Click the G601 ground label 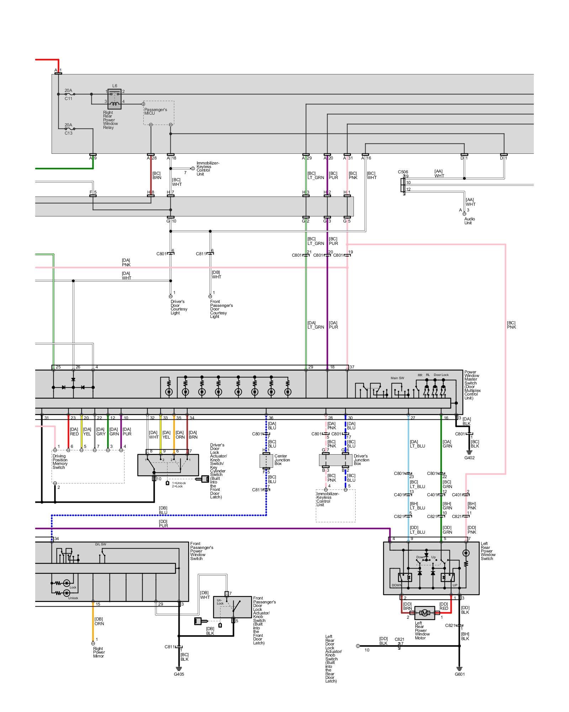pyautogui.click(x=459, y=674)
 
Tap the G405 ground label pyautogui.click(x=179, y=674)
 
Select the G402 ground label pyautogui.click(x=469, y=457)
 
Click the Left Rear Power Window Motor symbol pyautogui.click(x=425, y=613)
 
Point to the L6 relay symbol pyautogui.click(x=115, y=99)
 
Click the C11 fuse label pyautogui.click(x=68, y=99)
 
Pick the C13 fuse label pyautogui.click(x=68, y=133)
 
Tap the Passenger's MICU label pyautogui.click(x=155, y=111)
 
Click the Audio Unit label pyautogui.click(x=469, y=221)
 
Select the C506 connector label pyautogui.click(x=403, y=172)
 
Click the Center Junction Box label pyautogui.click(x=282, y=460)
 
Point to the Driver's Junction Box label pyautogui.click(x=361, y=460)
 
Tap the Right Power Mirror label pyautogui.click(x=99, y=652)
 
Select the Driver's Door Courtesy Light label pyautogui.click(x=179, y=307)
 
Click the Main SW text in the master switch pyautogui.click(x=397, y=378)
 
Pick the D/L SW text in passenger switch pyautogui.click(x=100, y=544)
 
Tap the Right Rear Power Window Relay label pyautogui.click(x=110, y=120)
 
